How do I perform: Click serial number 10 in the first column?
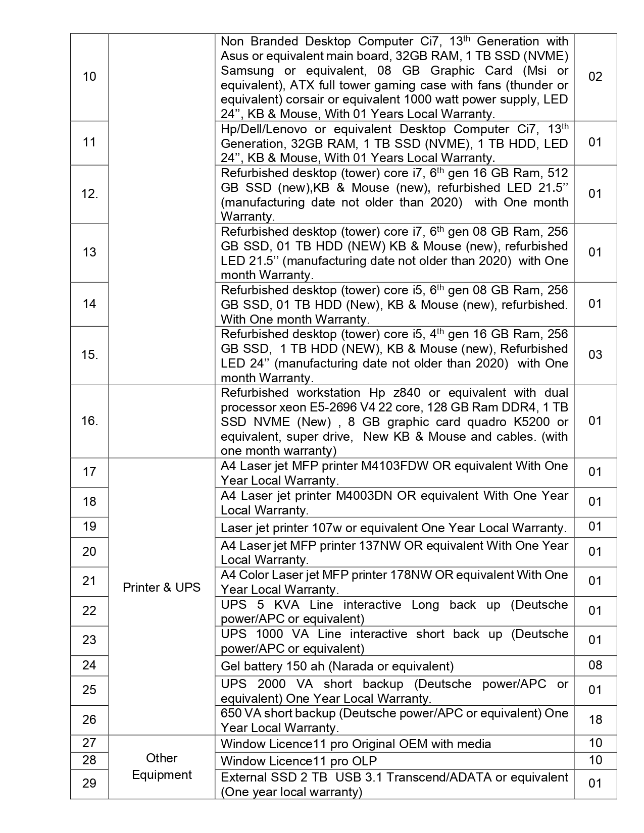coord(89,77)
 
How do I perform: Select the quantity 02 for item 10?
coord(596,77)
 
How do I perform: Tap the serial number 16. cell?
coord(89,421)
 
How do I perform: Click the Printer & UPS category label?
coord(162,588)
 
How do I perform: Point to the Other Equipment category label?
coord(162,766)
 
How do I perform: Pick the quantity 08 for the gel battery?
coord(596,665)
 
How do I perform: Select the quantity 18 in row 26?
coord(596,719)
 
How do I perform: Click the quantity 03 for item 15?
coord(596,355)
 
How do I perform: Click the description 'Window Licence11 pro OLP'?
coord(299,761)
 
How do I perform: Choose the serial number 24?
coord(89,665)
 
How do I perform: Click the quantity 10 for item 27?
coord(596,743)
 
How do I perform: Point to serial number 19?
coord(89,527)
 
